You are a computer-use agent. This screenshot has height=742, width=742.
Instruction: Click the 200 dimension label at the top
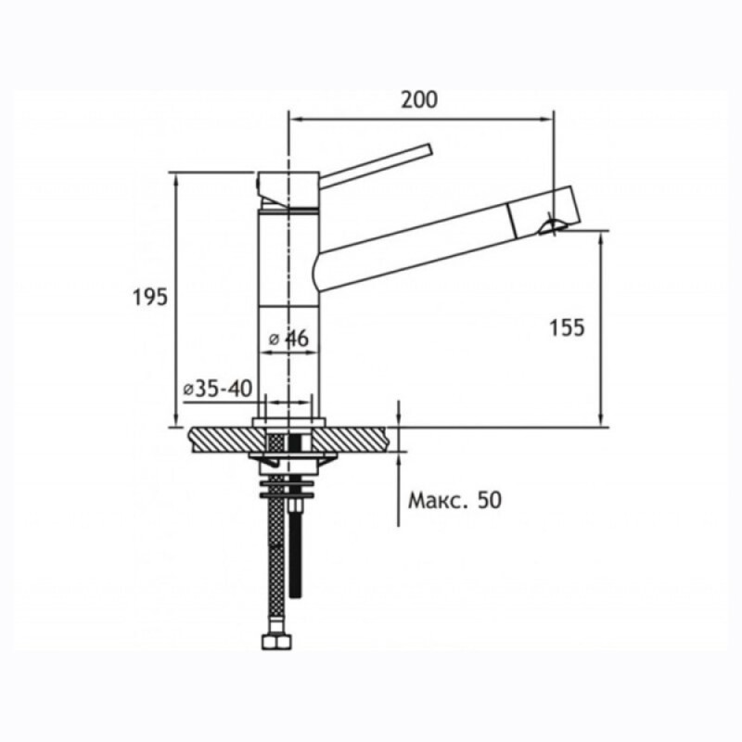pyautogui.click(x=419, y=99)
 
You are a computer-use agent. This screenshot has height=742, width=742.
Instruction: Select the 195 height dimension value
pyautogui.click(x=150, y=297)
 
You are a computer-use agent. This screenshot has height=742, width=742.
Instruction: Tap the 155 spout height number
pyautogui.click(x=567, y=327)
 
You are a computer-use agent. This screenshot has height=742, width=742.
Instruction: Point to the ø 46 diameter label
pyautogui.click(x=288, y=339)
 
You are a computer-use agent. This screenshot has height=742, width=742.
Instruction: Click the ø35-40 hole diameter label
pyautogui.click(x=218, y=389)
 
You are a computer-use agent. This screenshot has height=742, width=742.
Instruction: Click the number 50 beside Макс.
pyautogui.click(x=490, y=500)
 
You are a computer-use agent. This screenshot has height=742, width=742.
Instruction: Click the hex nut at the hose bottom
pyautogui.click(x=276, y=641)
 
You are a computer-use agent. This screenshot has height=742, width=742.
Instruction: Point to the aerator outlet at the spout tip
pyautogui.click(x=551, y=226)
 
